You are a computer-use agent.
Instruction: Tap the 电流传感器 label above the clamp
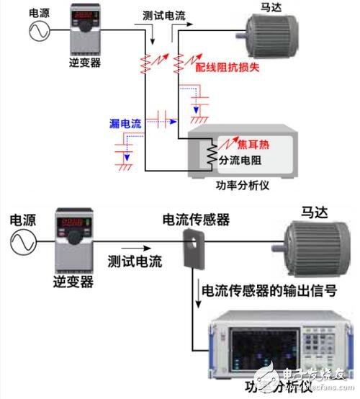(197, 219)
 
